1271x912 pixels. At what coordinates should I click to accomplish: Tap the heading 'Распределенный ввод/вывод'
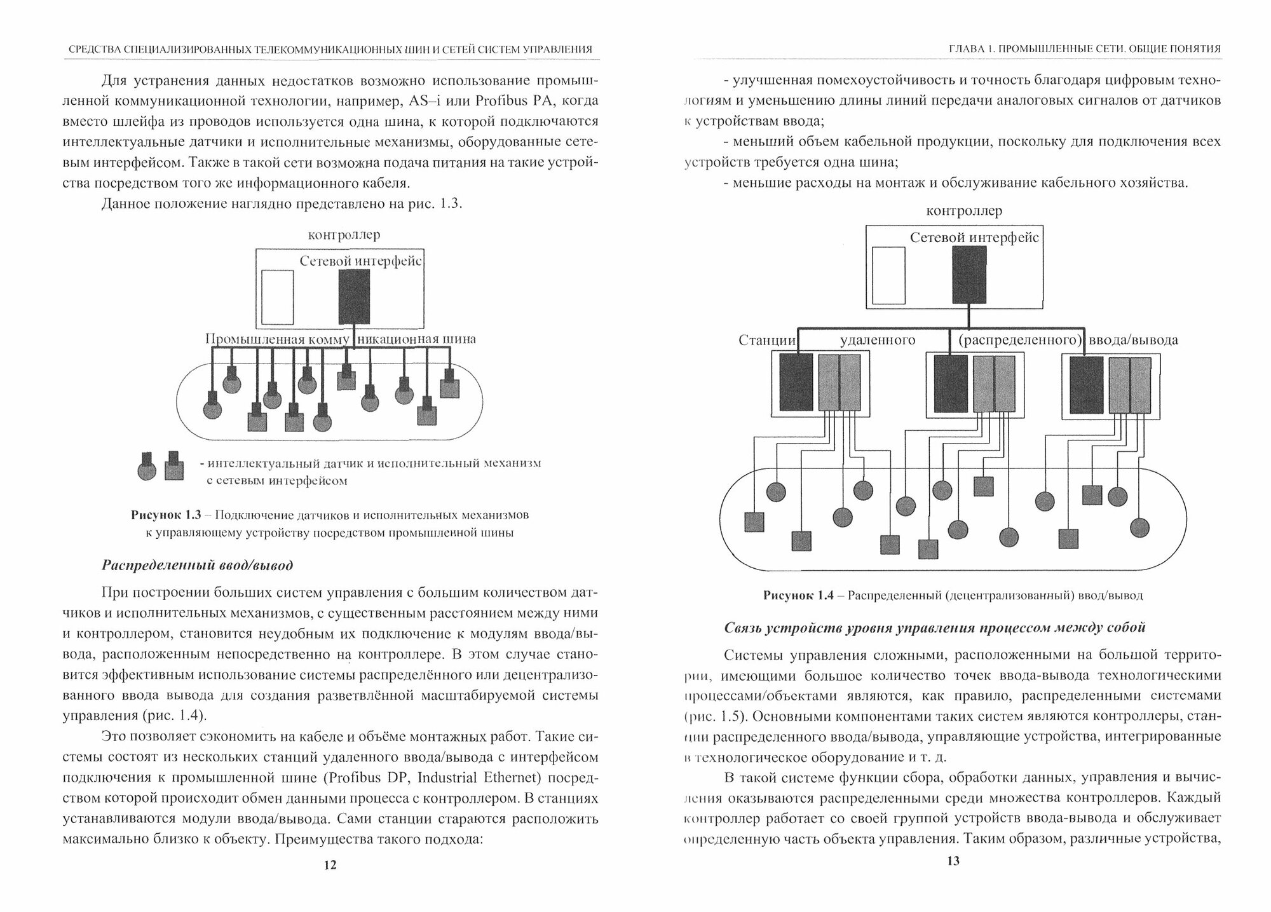click(198, 565)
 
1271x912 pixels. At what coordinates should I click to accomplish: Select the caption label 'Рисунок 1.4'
click(798, 596)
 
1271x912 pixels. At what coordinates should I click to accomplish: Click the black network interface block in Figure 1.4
click(969, 275)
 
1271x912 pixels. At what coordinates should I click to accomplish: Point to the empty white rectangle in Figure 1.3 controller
click(278, 297)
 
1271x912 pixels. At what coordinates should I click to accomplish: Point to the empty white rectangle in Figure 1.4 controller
click(888, 275)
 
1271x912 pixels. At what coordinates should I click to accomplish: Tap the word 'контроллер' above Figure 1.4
click(964, 210)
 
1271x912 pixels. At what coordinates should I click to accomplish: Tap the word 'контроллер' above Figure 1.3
click(344, 235)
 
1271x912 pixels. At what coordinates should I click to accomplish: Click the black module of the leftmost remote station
click(796, 381)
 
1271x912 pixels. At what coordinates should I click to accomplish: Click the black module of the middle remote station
click(951, 385)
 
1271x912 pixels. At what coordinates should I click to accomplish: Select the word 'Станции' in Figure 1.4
click(767, 340)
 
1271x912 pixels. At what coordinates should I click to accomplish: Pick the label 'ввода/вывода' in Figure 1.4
click(1133, 340)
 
